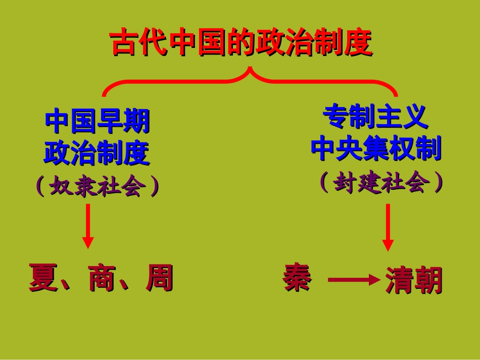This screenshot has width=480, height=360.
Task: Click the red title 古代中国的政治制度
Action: pyautogui.click(x=241, y=43)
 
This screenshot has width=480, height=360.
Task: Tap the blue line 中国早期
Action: pyautogui.click(x=98, y=121)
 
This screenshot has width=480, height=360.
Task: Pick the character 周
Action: pyautogui.click(x=159, y=278)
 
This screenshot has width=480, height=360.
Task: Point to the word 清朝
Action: pyautogui.click(x=414, y=280)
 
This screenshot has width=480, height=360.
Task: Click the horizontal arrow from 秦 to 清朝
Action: pyautogui.click(x=354, y=279)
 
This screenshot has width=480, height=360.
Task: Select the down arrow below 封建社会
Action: pyautogui.click(x=388, y=227)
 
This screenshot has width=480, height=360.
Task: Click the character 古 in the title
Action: pyautogui.click(x=125, y=43)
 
